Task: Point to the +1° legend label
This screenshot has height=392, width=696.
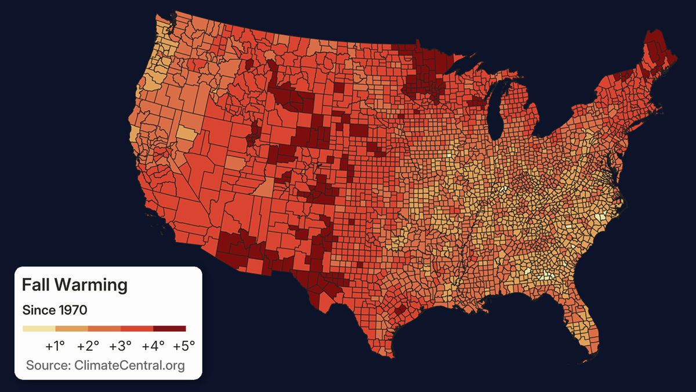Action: tap(55, 346)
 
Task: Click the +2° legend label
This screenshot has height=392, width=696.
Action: tap(88, 346)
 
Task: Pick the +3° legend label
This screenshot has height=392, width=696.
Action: tap(121, 346)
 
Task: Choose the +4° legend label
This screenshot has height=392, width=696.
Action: tap(153, 346)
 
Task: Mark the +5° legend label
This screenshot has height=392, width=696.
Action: tap(184, 346)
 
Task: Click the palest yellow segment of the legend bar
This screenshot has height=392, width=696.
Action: tap(39, 329)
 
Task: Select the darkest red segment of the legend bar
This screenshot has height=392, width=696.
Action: tap(169, 329)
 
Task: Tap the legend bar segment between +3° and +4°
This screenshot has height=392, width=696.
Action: tap(137, 329)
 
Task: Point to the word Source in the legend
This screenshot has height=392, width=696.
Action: tap(46, 365)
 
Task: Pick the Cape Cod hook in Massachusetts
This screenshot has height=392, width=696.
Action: tap(660, 106)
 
